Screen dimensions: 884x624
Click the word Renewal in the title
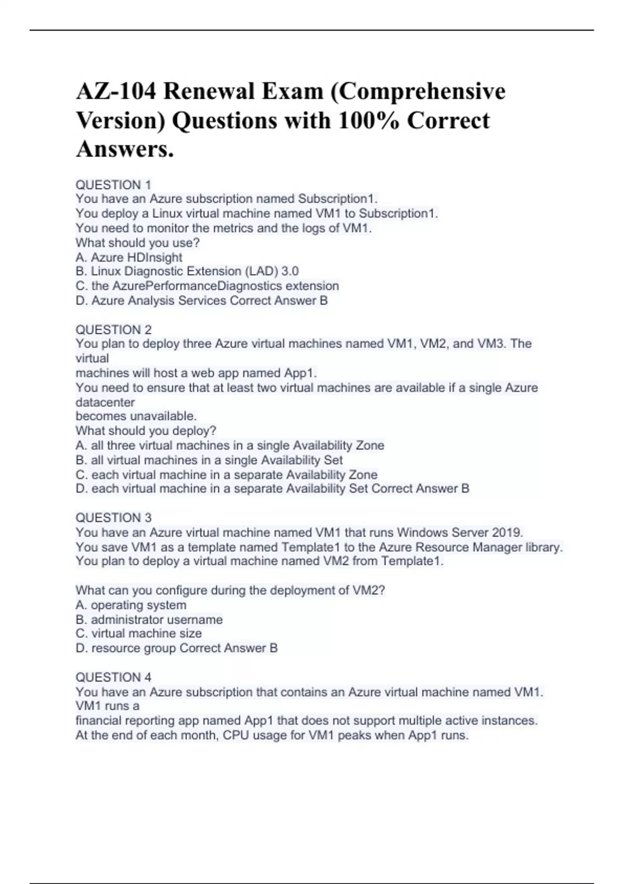coord(207,92)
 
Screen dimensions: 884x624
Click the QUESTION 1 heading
coord(113,185)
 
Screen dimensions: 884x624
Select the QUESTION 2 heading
coord(113,330)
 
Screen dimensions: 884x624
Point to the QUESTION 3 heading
coord(113,518)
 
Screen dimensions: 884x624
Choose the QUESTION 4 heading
coord(113,677)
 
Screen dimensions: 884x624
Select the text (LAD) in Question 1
coord(261,271)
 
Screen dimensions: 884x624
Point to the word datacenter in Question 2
coord(105,402)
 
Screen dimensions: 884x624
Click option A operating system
coord(131,605)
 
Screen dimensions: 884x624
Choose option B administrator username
coord(149,620)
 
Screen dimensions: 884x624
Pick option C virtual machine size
coord(139,633)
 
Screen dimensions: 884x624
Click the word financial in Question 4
coord(98,721)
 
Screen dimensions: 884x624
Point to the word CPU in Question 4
coord(236,735)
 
